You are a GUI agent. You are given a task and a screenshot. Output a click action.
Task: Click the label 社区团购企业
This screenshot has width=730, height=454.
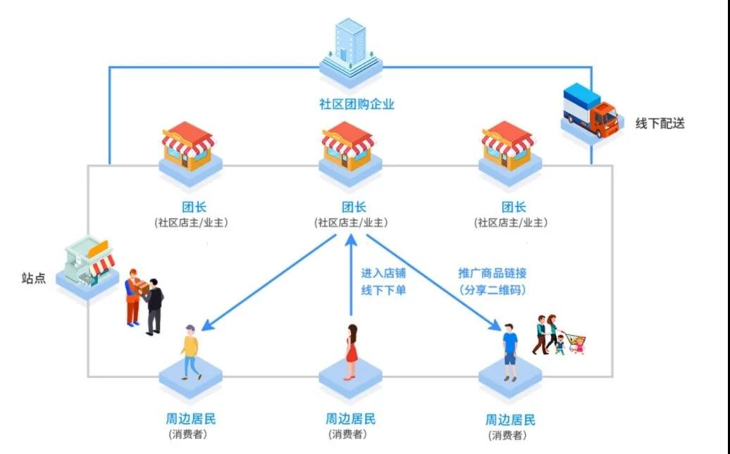pyautogui.click(x=357, y=105)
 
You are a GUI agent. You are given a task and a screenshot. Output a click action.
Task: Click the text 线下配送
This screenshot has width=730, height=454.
pyautogui.click(x=660, y=123)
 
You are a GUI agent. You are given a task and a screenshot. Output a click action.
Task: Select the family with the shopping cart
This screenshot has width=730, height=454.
pyautogui.click(x=557, y=335)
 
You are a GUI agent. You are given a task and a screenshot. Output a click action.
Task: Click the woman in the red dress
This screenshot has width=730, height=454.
pyautogui.click(x=350, y=351)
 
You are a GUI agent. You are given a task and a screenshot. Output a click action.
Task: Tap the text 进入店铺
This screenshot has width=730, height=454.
pyautogui.click(x=383, y=273)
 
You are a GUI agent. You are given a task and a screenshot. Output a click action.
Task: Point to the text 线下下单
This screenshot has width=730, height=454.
pyautogui.click(x=383, y=290)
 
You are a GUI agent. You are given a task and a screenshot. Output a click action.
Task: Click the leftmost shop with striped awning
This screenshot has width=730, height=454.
pyautogui.click(x=188, y=148)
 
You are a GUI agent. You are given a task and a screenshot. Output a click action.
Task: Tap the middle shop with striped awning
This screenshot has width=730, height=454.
pyautogui.click(x=348, y=148)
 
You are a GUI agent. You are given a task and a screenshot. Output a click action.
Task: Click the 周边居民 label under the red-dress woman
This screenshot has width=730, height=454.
pyautogui.click(x=350, y=419)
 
